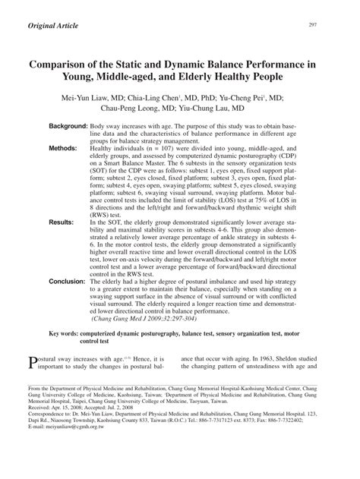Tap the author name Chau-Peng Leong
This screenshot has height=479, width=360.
click(130, 110)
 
